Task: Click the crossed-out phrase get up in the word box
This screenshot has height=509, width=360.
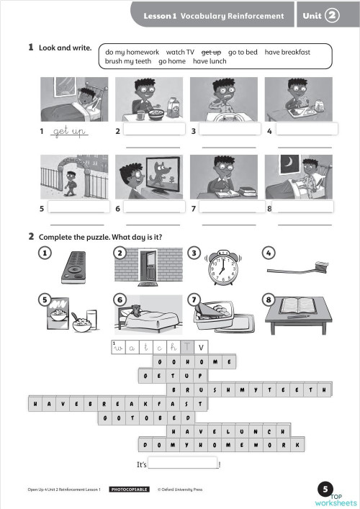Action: pos(211,53)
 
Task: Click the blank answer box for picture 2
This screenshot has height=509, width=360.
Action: pos(155,130)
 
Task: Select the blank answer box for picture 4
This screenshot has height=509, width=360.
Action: pos(305,130)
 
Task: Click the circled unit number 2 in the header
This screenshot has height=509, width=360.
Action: pos(332,14)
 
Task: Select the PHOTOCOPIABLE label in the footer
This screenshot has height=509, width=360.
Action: pos(129,490)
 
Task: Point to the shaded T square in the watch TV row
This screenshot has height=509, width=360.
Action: pos(187,347)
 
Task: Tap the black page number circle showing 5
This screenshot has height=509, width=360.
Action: pos(327,487)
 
